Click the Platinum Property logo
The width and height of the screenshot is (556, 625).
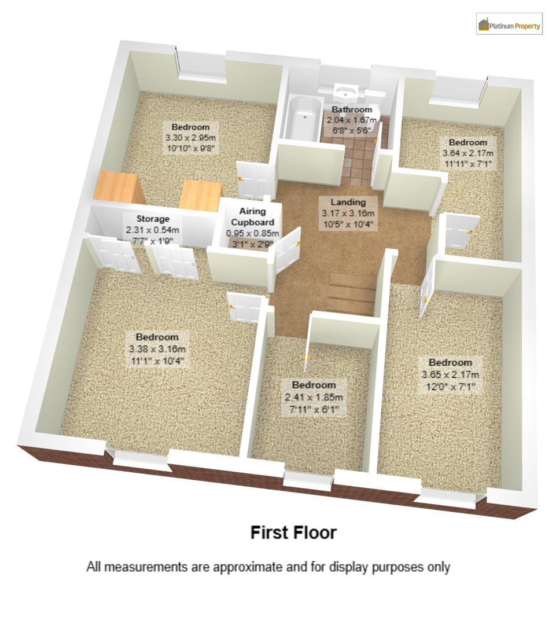(x=509, y=24)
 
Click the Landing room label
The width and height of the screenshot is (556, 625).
(x=348, y=202)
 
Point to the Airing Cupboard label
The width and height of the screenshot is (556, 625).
(x=253, y=217)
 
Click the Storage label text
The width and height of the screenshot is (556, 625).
(x=153, y=219)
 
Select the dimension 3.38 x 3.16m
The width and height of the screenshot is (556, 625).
(x=157, y=349)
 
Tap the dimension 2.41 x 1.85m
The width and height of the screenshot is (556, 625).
(x=314, y=398)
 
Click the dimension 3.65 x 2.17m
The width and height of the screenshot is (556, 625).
(x=450, y=374)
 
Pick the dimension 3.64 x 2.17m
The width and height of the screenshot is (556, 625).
(x=468, y=153)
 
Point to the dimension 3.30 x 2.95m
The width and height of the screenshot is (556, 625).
(x=190, y=138)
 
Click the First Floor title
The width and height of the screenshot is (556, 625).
(x=293, y=532)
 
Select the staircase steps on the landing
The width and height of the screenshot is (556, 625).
(x=351, y=293)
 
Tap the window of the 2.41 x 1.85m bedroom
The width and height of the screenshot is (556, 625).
(x=308, y=479)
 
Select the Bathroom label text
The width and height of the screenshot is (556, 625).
(x=352, y=109)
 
